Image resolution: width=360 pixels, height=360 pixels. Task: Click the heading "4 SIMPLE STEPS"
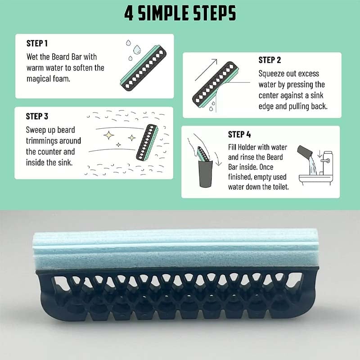pos(180,13)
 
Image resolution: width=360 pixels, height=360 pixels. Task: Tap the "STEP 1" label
pos(37,43)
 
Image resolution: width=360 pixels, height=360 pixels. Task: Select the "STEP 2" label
pos(270,60)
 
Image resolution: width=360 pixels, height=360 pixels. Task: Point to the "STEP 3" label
pos(37,117)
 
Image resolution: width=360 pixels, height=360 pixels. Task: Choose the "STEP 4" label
pos(239,135)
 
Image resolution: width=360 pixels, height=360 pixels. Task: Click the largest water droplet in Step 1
pos(137,49)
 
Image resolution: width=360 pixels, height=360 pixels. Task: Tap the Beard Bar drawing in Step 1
pos(143,68)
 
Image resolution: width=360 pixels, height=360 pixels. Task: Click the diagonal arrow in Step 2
pos(206,70)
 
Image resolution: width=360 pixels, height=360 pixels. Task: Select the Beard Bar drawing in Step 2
pos(215,85)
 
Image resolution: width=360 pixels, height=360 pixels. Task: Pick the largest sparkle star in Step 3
pos(108,135)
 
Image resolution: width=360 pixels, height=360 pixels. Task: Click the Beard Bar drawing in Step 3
pos(147,143)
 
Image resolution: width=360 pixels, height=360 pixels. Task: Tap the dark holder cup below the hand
pos(205,174)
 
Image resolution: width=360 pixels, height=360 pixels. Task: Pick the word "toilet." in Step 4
pos(280,187)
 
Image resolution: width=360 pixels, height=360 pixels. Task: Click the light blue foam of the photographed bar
pos(175,250)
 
